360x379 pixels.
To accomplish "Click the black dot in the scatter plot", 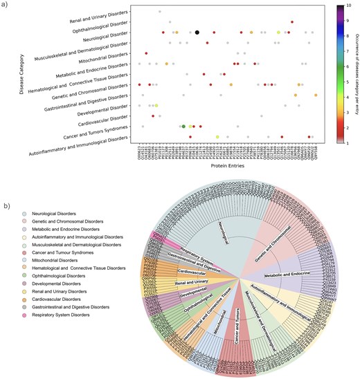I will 197,33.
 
